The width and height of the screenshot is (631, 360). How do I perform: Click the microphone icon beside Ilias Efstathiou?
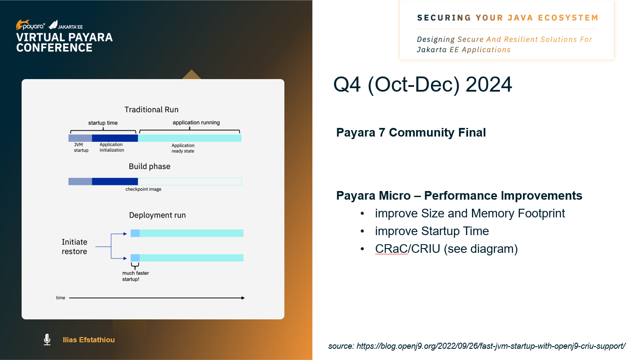pos(47,340)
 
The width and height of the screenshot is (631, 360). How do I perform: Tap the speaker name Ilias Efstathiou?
pos(89,340)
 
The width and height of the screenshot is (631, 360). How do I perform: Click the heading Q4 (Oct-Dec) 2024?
pos(422,84)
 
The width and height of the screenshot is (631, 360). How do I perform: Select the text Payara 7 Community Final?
pos(411,133)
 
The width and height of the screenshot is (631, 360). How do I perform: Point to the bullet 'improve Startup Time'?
pos(431,231)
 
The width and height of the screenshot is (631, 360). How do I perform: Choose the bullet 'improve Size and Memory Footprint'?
pos(469,213)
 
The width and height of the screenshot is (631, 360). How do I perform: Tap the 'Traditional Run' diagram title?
pos(151,110)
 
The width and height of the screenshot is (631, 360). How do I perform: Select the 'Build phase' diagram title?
pos(150,166)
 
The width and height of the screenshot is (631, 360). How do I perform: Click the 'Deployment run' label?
pos(157,215)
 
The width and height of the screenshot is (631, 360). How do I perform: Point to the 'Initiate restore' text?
pos(74,247)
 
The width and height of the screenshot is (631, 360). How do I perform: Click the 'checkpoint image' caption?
pos(143,189)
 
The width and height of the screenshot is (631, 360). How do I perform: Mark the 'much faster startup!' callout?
pos(135,276)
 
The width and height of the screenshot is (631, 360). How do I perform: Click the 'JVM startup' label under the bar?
pos(81,147)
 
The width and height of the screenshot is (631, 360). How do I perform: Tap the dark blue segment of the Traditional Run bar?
pos(115,138)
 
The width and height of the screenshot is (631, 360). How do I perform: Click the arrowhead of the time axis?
pos(243,298)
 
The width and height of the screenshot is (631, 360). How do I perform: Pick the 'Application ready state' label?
pos(183,148)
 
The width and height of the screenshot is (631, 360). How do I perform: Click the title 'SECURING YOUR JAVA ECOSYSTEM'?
pos(507,18)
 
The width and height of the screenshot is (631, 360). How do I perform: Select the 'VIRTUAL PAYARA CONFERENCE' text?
pos(64,43)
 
